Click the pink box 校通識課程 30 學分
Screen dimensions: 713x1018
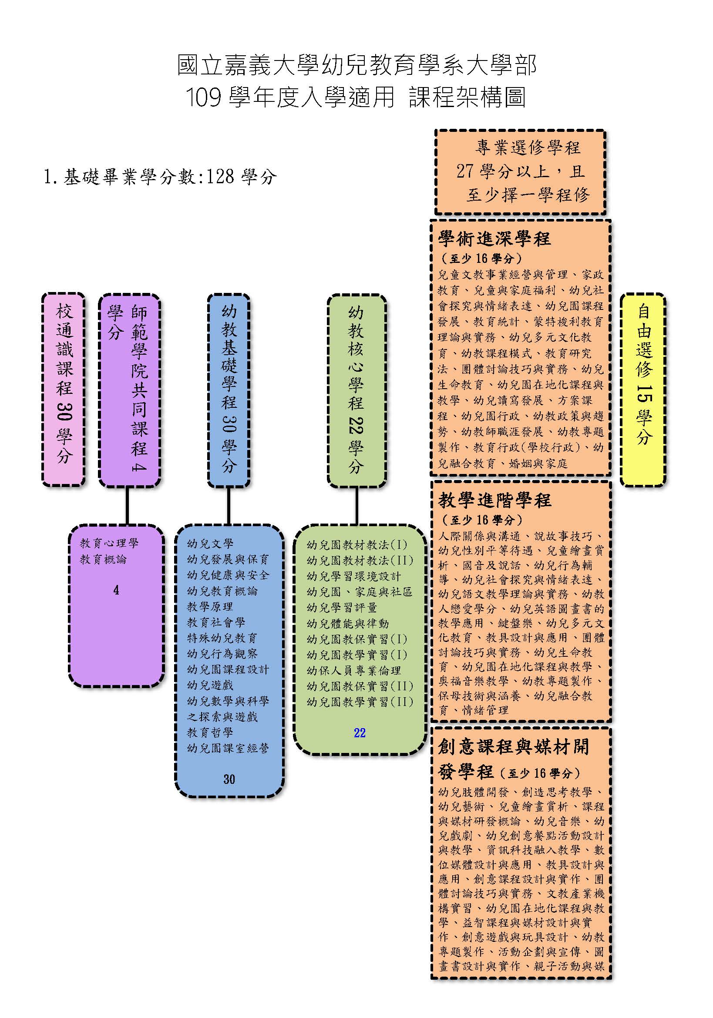click(x=64, y=389)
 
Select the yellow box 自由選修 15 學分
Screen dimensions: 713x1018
click(x=643, y=389)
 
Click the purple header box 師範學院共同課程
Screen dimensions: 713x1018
click(x=129, y=390)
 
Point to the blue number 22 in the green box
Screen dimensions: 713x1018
click(x=360, y=733)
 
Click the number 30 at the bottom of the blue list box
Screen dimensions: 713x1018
click(x=229, y=779)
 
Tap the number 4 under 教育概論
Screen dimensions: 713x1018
click(x=116, y=590)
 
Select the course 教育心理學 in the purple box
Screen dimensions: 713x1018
click(x=109, y=543)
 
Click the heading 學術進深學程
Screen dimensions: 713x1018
click(x=494, y=239)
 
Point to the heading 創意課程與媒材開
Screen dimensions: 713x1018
click(x=514, y=746)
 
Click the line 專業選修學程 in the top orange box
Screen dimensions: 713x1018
click(x=528, y=147)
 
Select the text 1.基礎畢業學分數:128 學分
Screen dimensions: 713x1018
click(x=160, y=177)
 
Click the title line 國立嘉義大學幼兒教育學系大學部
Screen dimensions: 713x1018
click(x=357, y=65)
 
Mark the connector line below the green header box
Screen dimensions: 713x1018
click(x=356, y=506)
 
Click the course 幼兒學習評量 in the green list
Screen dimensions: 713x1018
click(x=342, y=608)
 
